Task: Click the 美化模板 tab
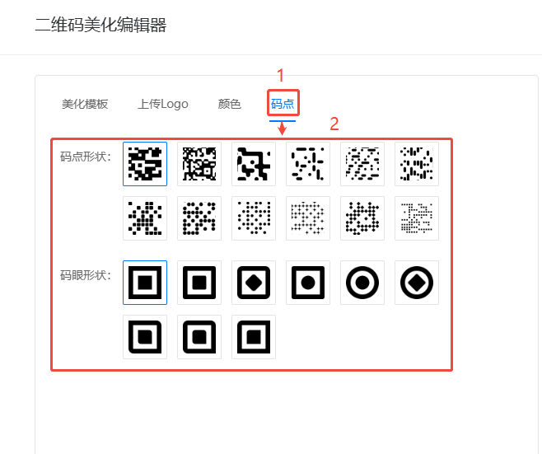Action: pyautogui.click(x=85, y=104)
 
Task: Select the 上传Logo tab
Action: pyautogui.click(x=163, y=104)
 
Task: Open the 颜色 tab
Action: pyautogui.click(x=229, y=104)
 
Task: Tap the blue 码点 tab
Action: pyautogui.click(x=283, y=104)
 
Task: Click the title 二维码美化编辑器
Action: pyautogui.click(x=100, y=25)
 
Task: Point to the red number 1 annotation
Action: pyautogui.click(x=280, y=75)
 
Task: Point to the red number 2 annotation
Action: pyautogui.click(x=334, y=124)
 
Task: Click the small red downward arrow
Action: pyautogui.click(x=282, y=129)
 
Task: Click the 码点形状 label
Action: pyautogui.click(x=86, y=157)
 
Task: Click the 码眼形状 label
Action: pyautogui.click(x=86, y=275)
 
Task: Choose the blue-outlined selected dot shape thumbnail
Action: pyautogui.click(x=145, y=164)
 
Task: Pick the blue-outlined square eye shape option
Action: pyautogui.click(x=145, y=283)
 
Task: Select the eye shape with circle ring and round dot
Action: pyautogui.click(x=362, y=283)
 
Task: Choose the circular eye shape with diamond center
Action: pyautogui.click(x=417, y=283)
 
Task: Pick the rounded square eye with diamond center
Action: pyautogui.click(x=254, y=283)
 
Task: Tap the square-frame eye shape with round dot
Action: pyautogui.click(x=308, y=283)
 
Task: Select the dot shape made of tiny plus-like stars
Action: pyautogui.click(x=308, y=218)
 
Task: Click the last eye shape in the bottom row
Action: pyautogui.click(x=254, y=337)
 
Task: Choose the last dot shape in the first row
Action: pyautogui.click(x=417, y=164)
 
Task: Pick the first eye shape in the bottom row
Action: pyautogui.click(x=145, y=337)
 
